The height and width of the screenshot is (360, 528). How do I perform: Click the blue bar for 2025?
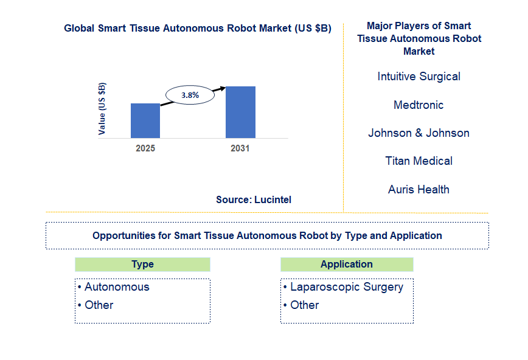coord(145,120)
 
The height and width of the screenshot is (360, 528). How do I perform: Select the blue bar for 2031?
coord(240,112)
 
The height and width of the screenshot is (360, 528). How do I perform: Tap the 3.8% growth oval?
coord(190,95)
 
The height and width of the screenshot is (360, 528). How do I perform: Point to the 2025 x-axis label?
coord(145,148)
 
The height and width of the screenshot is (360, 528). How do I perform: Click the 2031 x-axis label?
coord(240,148)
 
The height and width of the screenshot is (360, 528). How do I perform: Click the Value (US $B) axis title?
coord(102,108)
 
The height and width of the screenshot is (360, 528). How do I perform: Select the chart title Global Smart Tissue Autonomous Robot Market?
coord(198,29)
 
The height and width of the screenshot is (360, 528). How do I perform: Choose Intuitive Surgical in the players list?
coord(419,77)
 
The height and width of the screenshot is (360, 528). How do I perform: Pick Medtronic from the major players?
coord(419,105)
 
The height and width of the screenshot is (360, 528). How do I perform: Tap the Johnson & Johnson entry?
coord(419,133)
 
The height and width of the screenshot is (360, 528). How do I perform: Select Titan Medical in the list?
coord(419,161)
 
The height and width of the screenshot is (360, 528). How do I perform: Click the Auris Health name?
coord(419,190)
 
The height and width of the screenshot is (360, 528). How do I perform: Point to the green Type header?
coord(142,265)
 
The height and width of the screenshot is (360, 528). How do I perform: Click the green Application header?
coord(347,265)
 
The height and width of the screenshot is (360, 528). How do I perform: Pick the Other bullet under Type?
coord(99,305)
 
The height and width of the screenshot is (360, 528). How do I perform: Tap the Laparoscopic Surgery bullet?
coord(346,287)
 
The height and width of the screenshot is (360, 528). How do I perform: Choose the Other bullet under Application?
coord(304,305)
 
